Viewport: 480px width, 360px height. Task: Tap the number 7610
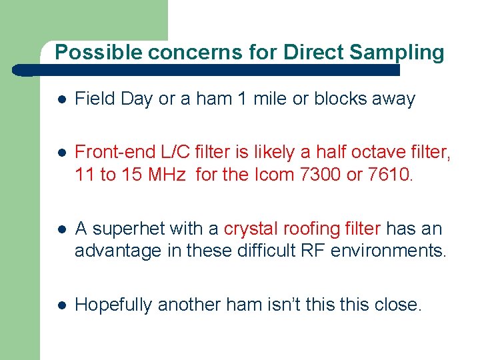click(397, 175)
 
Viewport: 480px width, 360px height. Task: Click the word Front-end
click(107, 153)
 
